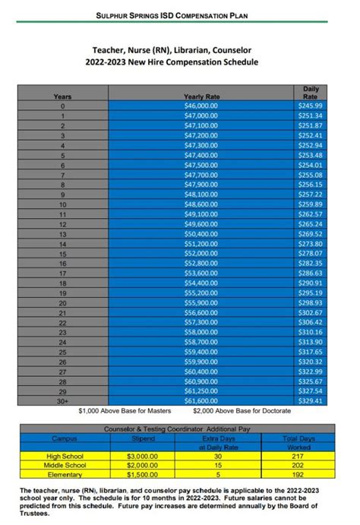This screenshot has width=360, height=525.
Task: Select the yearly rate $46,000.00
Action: (201, 106)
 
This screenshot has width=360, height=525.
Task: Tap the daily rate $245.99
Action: (311, 106)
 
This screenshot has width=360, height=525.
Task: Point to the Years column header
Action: (62, 96)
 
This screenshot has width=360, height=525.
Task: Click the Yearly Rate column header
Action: (201, 96)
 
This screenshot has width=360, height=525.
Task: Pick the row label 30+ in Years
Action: (62, 400)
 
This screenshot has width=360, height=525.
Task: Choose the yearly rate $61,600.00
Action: (201, 400)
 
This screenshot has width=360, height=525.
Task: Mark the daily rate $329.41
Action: (311, 400)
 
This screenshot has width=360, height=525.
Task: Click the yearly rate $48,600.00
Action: (201, 204)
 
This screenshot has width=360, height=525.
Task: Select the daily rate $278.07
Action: (311, 254)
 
